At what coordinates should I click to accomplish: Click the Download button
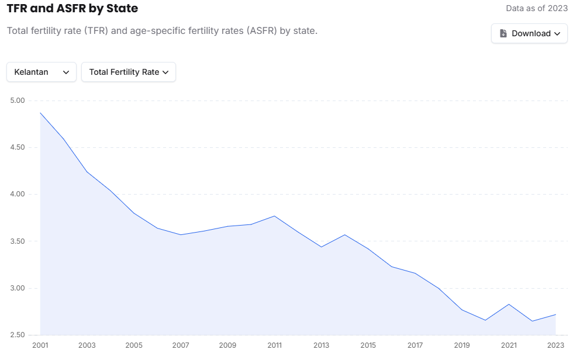click(529, 33)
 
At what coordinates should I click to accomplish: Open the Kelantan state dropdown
click(42, 72)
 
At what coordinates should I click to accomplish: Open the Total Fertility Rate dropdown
click(129, 72)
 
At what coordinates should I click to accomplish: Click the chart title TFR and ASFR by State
click(72, 9)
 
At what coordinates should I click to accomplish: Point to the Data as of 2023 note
click(537, 9)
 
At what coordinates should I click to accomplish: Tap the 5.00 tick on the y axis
click(18, 101)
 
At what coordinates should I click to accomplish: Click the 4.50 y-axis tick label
click(18, 147)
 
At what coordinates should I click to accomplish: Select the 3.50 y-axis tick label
click(18, 241)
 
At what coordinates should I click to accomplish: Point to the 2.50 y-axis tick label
click(18, 335)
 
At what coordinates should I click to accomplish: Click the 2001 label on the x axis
click(40, 345)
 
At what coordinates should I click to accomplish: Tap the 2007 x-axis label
click(181, 345)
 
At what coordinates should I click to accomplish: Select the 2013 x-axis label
click(322, 345)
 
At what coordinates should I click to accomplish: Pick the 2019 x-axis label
click(462, 345)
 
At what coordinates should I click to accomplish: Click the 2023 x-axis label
click(555, 345)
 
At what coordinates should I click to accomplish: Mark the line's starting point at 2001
click(40, 113)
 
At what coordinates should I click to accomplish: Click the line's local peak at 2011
click(275, 216)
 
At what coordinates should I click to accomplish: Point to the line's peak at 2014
click(345, 235)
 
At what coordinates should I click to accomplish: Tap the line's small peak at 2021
click(509, 304)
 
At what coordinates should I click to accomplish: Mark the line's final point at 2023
click(555, 314)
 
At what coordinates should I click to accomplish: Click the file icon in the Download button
click(503, 33)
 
